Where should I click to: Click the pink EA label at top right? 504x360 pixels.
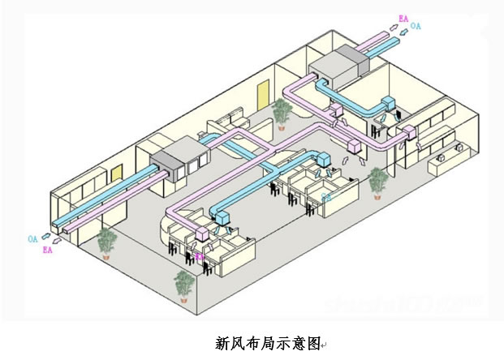(403, 17)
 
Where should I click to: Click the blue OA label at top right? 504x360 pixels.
(416, 26)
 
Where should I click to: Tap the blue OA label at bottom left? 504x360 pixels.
(32, 238)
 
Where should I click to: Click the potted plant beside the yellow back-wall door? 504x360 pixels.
(282, 112)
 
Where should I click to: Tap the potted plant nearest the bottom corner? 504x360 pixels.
(184, 284)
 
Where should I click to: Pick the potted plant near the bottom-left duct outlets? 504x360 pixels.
(106, 242)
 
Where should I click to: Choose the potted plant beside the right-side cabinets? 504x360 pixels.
(378, 182)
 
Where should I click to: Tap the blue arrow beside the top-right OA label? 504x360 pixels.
(402, 33)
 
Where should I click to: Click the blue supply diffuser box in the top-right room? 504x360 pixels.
(388, 104)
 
